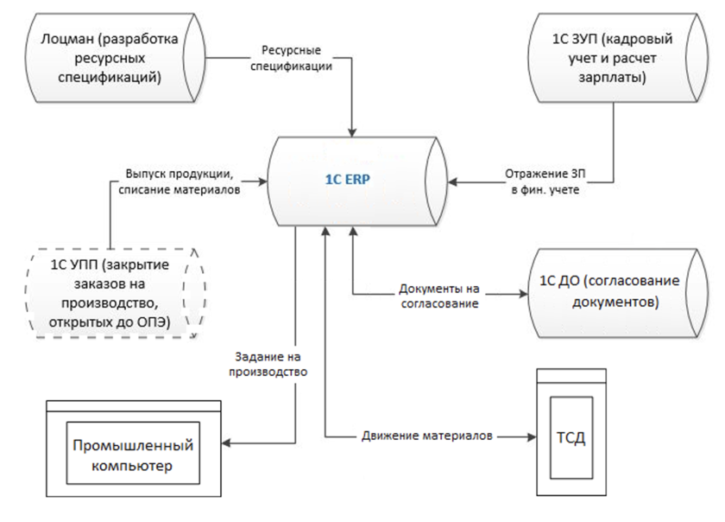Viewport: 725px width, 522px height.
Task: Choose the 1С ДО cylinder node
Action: [614, 292]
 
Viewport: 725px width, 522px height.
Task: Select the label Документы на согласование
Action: [439, 295]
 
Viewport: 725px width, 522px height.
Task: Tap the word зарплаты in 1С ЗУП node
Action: [614, 78]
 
